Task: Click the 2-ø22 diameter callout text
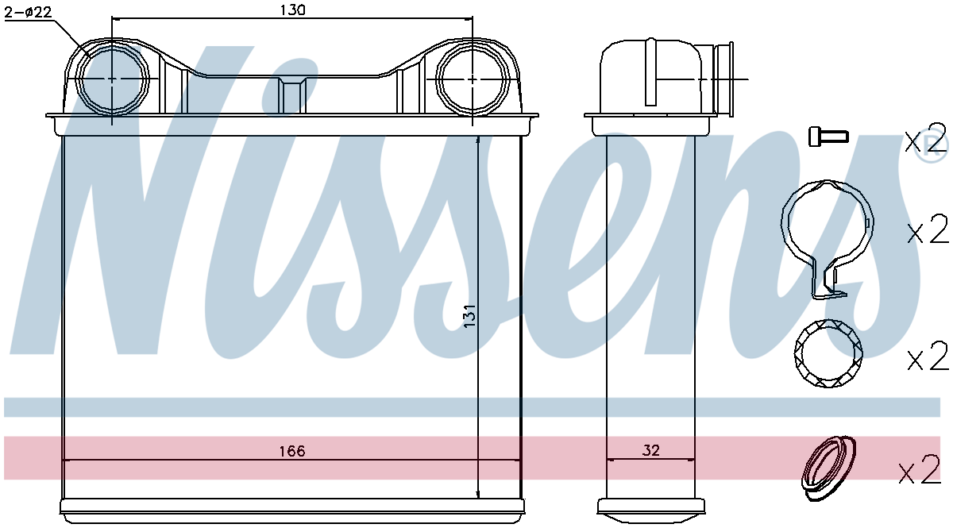coord(28,12)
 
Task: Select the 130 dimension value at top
coord(293,10)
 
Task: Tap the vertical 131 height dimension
coord(469,315)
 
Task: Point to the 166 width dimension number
coord(292,450)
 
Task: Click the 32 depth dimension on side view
coord(650,450)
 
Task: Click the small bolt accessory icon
coord(828,137)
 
